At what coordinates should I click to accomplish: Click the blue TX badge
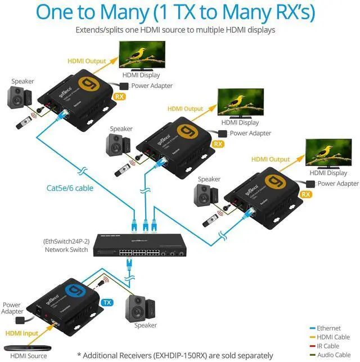pyautogui.click(x=107, y=302)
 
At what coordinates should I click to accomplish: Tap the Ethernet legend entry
pyautogui.click(x=328, y=328)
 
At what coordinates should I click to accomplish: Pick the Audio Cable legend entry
pyautogui.click(x=332, y=355)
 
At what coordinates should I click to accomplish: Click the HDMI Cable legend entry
pyautogui.click(x=333, y=337)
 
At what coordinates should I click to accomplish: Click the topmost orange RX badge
pyautogui.click(x=119, y=96)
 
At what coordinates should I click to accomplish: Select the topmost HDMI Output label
pyautogui.click(x=87, y=61)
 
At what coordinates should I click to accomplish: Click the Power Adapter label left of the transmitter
pyautogui.click(x=12, y=308)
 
